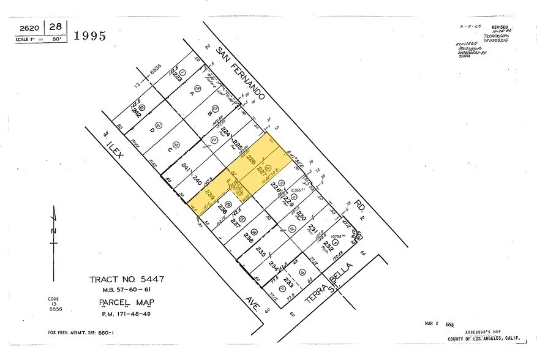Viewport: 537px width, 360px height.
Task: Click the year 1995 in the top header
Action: click(89, 36)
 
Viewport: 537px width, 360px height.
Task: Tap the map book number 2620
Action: click(30, 28)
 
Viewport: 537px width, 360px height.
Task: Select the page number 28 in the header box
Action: click(55, 27)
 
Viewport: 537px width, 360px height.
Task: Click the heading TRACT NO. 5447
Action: click(126, 279)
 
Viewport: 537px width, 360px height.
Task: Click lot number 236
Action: click(248, 236)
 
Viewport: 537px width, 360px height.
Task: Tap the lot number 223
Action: click(177, 78)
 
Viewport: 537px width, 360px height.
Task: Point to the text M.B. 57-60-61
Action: click(126, 290)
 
